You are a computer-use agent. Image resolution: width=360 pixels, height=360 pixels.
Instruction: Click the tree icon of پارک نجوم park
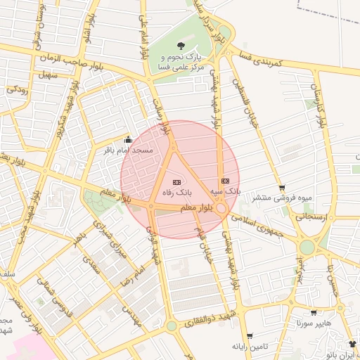(x=188, y=41)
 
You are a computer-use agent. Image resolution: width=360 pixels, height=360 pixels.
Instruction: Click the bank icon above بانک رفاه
(x=176, y=181)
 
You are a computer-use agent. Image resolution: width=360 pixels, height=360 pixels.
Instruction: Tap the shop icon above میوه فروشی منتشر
(x=282, y=187)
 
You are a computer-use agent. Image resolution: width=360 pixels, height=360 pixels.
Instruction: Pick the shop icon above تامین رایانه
(x=250, y=336)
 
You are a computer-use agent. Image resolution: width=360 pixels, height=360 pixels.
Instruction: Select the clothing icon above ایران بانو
(x=352, y=344)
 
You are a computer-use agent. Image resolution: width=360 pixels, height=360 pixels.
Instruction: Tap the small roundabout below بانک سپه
(x=221, y=208)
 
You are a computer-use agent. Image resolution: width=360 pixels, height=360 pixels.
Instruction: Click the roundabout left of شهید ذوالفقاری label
(x=171, y=326)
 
